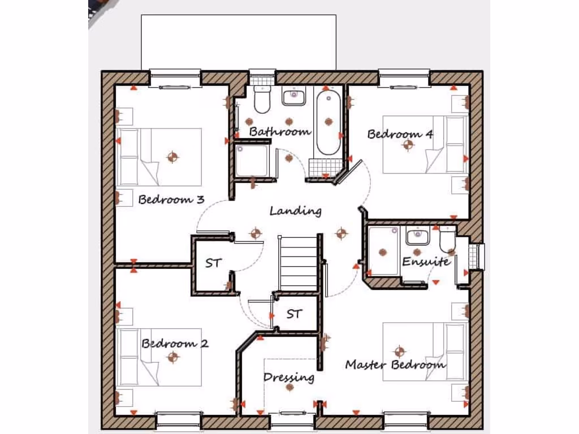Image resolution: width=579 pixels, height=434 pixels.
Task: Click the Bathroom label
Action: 280,132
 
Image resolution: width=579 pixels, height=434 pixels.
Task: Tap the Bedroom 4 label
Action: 400,134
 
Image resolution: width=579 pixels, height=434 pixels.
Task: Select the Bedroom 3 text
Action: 171,199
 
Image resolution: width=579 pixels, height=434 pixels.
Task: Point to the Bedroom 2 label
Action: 175,343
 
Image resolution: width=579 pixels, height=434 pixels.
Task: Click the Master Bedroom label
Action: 395,364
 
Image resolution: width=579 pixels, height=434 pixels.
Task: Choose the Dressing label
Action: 288,377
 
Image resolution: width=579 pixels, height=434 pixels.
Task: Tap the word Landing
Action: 295,211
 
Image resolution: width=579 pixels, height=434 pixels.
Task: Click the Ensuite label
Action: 426,262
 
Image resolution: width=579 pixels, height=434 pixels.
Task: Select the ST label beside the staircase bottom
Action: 293,314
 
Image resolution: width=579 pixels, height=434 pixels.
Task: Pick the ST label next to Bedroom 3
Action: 213,263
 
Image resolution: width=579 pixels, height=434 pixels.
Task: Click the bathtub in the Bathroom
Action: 328,122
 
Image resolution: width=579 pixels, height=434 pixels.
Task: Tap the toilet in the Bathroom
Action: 262,99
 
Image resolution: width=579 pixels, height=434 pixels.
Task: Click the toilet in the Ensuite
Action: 447,240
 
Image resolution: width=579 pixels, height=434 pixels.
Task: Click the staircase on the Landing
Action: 298,263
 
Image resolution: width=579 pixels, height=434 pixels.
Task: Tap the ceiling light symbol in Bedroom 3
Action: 172,157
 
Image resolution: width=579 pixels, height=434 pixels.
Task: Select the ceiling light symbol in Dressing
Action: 289,388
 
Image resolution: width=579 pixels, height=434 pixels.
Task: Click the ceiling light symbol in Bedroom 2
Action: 172,357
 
